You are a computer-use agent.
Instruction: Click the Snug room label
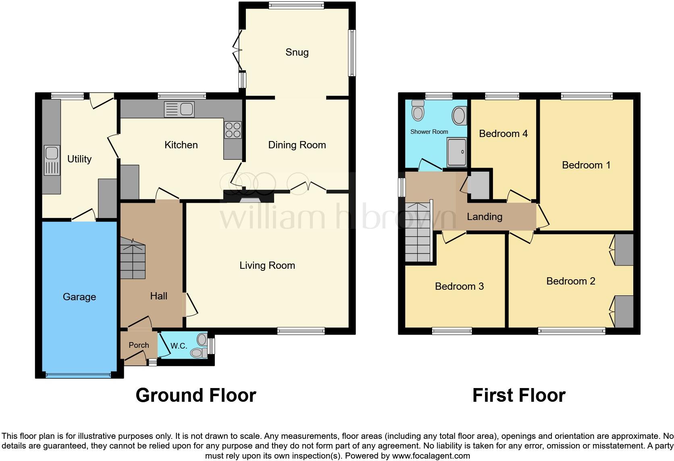tap(297, 52)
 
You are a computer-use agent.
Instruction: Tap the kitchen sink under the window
tap(179, 110)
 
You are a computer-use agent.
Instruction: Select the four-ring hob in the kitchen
tap(233, 130)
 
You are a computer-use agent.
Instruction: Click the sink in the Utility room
tap(52, 160)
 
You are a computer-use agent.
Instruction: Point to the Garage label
tap(79, 297)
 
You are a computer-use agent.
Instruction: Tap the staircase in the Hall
tap(133, 258)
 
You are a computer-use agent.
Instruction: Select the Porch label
tap(139, 345)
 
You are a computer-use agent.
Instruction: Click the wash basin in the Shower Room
tap(460, 116)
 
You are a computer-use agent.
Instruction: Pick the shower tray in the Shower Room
tap(457, 152)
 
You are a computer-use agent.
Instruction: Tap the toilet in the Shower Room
tap(418, 110)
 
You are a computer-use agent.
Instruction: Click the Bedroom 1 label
tap(586, 165)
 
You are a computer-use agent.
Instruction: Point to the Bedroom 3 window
tap(451, 331)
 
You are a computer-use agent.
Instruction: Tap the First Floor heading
tap(518, 395)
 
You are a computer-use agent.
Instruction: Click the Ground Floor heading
tap(196, 395)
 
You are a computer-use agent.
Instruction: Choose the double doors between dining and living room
tap(308, 187)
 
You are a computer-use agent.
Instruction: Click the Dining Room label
tap(297, 145)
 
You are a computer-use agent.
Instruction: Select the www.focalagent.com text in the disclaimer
tap(431, 456)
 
